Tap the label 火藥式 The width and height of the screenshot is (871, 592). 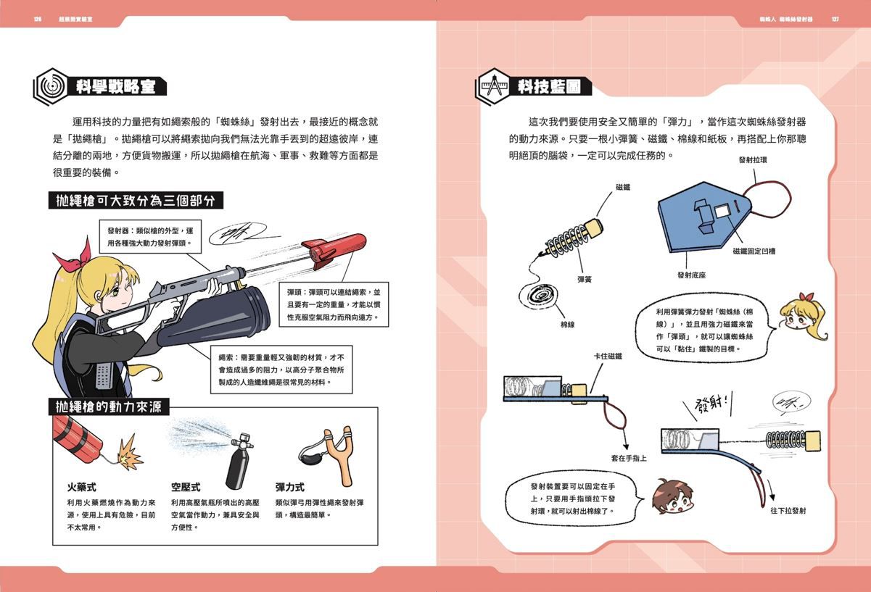tap(82, 487)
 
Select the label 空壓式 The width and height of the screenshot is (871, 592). tap(185, 487)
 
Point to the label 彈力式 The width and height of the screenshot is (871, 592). tap(290, 487)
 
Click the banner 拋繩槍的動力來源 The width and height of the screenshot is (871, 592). tap(109, 407)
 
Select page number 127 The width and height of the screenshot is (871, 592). tap(835, 20)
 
